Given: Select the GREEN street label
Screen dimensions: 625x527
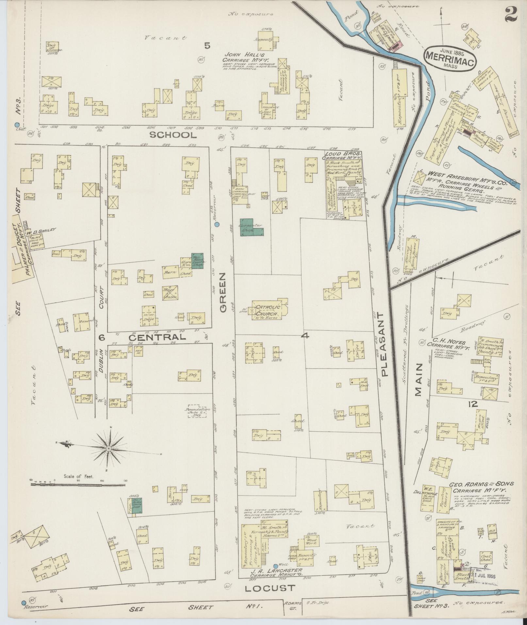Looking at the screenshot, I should (x=223, y=293).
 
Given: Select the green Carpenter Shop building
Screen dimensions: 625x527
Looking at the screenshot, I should (x=252, y=227).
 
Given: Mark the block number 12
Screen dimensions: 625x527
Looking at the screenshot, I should (x=473, y=404).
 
